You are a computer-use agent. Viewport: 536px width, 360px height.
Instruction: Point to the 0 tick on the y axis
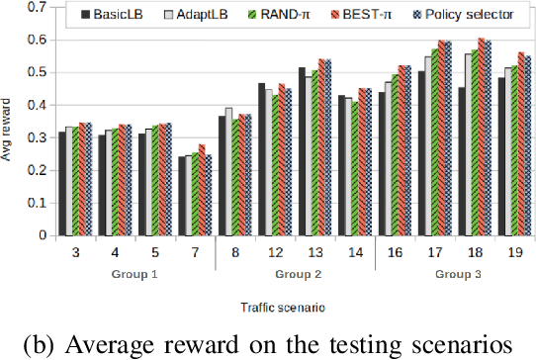[44, 236]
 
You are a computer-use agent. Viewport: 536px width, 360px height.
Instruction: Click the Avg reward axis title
[11, 123]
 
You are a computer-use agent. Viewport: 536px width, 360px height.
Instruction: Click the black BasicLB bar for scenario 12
[262, 159]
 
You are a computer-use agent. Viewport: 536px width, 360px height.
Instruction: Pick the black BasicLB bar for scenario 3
[61, 184]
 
